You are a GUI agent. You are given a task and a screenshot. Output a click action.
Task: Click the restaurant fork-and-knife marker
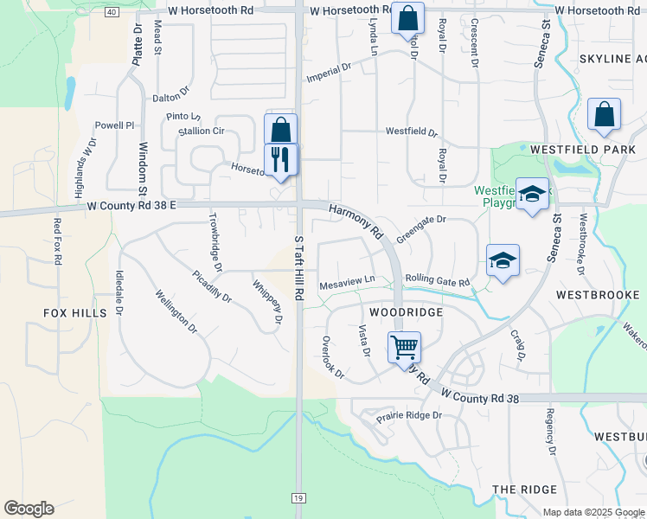click(280, 159)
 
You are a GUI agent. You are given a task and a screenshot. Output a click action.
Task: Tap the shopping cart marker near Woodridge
click(404, 348)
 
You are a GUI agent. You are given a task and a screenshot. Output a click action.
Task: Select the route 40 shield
click(112, 12)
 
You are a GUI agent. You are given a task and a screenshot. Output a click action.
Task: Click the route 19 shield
click(298, 498)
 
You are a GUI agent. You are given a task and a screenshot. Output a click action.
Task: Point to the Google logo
click(29, 509)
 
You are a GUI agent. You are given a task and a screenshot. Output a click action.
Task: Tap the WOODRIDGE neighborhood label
click(406, 311)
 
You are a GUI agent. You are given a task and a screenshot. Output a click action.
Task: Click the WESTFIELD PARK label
click(582, 149)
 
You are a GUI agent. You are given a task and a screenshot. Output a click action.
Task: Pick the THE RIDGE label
click(525, 490)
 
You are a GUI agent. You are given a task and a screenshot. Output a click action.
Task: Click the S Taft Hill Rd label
click(298, 268)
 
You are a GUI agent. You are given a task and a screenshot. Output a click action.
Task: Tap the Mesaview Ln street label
click(347, 279)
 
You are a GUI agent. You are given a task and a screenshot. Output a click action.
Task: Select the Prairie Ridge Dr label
click(408, 416)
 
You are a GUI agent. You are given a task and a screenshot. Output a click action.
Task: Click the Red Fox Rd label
click(58, 241)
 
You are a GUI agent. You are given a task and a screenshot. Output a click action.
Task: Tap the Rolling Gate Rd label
click(437, 282)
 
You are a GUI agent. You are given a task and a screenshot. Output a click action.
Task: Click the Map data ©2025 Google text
click(593, 512)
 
